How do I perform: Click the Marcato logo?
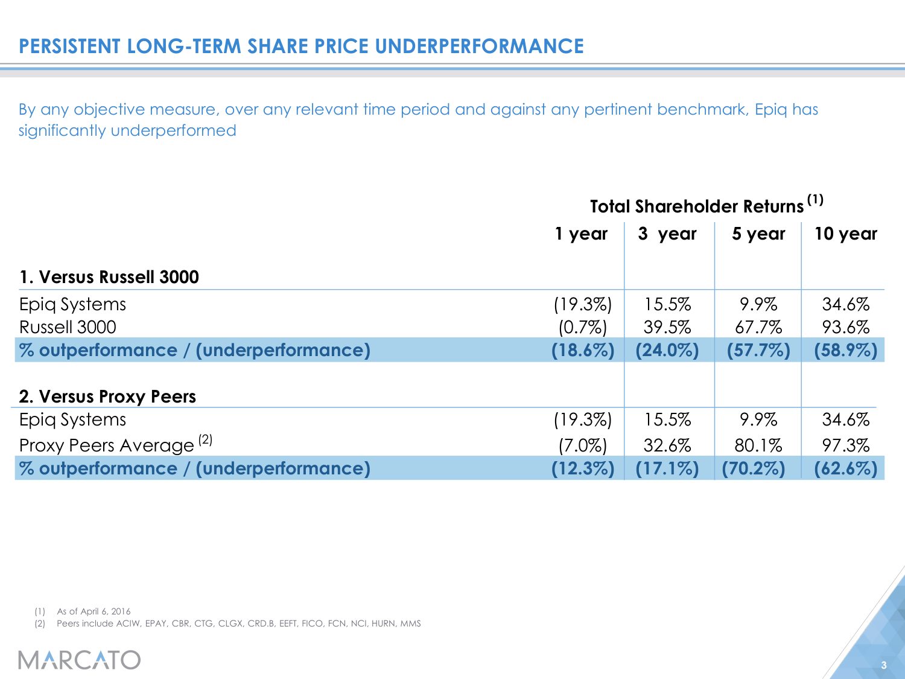(79, 660)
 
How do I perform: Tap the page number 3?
(884, 666)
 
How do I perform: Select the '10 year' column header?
(845, 234)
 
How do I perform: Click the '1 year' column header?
(581, 234)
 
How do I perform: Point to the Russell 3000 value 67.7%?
(758, 327)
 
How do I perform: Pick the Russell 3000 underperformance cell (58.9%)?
(845, 350)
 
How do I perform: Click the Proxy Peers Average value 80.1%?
(758, 445)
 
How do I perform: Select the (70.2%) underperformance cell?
(754, 468)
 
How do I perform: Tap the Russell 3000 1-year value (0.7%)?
(582, 327)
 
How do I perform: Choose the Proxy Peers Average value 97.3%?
(845, 445)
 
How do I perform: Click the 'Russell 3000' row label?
(68, 327)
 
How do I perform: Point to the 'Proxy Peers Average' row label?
(107, 445)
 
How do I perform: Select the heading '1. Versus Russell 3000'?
(109, 277)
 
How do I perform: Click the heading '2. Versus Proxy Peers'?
(107, 397)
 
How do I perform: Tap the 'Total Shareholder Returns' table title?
(697, 206)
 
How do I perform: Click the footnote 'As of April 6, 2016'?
(94, 611)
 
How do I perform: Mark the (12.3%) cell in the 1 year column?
(582, 468)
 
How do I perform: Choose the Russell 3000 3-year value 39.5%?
(667, 327)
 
